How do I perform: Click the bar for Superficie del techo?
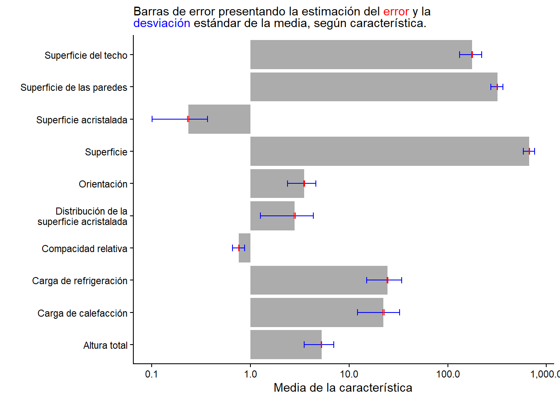(361, 55)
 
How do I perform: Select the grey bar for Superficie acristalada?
(219, 119)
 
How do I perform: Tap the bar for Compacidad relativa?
(245, 248)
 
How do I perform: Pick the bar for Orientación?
(277, 183)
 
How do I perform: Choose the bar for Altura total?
(286, 345)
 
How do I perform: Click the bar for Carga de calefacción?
(317, 312)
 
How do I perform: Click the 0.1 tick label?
(152, 374)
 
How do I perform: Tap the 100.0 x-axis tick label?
(448, 374)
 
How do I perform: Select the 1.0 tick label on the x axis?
(250, 374)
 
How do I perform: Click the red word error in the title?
(396, 12)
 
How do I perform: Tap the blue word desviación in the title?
(162, 23)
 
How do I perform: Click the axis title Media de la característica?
(343, 388)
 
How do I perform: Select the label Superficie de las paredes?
(74, 87)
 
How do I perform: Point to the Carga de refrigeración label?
(80, 281)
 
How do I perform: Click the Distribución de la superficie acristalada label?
(82, 216)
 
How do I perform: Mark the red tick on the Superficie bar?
(529, 151)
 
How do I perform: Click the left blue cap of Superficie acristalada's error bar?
(152, 119)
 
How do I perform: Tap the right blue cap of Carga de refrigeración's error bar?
(402, 280)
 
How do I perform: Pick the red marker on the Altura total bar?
(322, 345)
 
